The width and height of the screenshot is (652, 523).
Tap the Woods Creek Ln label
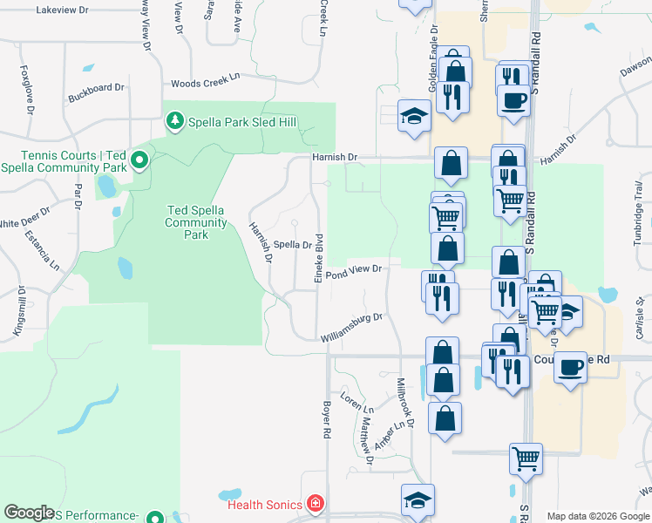[x=206, y=81]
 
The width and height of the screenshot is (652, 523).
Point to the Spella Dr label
[x=293, y=245]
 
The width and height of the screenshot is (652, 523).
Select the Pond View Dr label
[x=356, y=270]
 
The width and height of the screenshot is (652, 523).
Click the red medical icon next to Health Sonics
[x=314, y=505]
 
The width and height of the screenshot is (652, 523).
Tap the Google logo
[x=29, y=513]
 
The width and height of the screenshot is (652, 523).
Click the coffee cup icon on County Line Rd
[x=570, y=366]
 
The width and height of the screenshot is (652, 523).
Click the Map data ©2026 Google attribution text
[x=597, y=516]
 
